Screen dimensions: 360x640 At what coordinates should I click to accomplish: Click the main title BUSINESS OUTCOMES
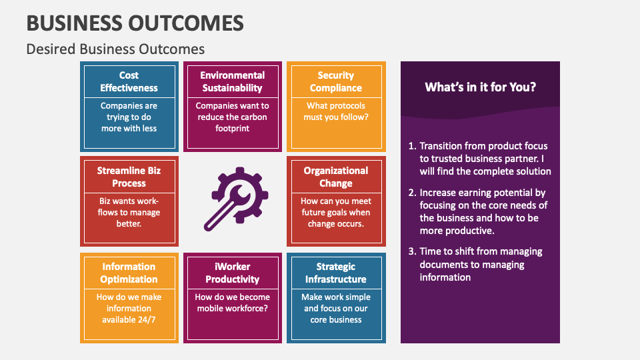[135, 23]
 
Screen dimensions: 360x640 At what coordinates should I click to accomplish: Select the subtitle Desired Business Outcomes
[115, 49]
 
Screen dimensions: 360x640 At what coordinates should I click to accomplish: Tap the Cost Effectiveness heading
[129, 81]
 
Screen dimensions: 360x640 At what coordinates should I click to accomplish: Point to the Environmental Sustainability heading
[232, 81]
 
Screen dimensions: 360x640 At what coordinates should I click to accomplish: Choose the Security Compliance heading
[336, 81]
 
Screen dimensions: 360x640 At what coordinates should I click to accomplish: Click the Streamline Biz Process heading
[129, 177]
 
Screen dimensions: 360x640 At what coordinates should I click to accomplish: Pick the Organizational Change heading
[336, 177]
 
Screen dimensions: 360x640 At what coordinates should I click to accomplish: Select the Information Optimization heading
[129, 273]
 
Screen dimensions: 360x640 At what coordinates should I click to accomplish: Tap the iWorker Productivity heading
[232, 273]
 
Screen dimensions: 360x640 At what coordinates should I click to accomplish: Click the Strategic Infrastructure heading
[336, 273]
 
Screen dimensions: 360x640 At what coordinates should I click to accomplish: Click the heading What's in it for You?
[480, 87]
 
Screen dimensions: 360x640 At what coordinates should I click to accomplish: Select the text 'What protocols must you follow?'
[336, 111]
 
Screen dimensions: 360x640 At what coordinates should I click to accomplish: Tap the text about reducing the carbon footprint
[232, 117]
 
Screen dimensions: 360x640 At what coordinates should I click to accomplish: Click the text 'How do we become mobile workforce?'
[232, 303]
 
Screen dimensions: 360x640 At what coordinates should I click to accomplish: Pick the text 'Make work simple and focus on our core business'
[336, 308]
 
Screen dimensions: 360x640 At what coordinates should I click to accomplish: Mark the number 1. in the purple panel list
[411, 146]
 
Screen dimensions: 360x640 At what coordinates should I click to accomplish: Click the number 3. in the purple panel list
[411, 251]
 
